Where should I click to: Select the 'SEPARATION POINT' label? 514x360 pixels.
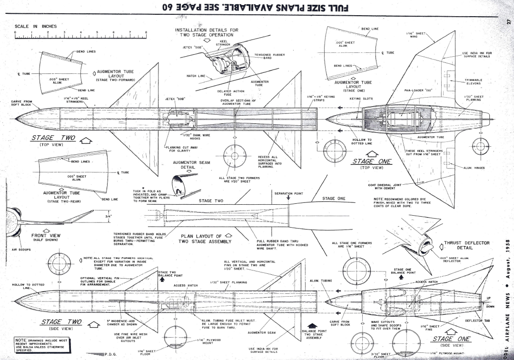pyautogui.click(x=288, y=193)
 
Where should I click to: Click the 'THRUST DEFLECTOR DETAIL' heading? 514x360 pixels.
pyautogui.click(x=466, y=245)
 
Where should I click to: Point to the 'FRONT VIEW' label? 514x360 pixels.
pyautogui.click(x=46, y=235)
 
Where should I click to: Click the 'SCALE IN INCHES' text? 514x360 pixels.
pyautogui.click(x=36, y=26)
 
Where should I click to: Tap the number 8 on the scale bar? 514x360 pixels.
pyautogui.click(x=146, y=32)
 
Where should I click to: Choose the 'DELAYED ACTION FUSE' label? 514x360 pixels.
pyautogui.click(x=230, y=92)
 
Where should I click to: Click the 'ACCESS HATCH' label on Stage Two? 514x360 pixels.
pyautogui.click(x=186, y=286)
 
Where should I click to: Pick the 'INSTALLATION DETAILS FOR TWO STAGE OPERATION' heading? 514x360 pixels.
pyautogui.click(x=207, y=32)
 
